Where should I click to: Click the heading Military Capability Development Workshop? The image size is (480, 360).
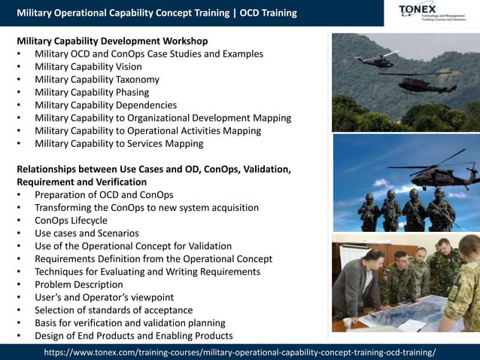pos(112,41)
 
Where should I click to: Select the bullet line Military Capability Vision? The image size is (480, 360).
pos(97,67)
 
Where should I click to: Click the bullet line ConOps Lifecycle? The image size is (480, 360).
pos(71,221)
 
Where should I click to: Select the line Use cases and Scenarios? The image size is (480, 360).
pos(87,233)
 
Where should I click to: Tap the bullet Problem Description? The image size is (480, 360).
pos(78,285)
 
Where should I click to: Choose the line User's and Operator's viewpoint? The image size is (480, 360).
pos(104,297)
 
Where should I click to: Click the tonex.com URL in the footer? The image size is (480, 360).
pos(239,352)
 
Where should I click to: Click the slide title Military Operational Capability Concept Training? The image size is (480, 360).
pos(124,13)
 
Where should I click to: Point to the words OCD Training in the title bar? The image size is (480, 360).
pos(268,13)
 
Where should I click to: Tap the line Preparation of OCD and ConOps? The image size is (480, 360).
pos(104,195)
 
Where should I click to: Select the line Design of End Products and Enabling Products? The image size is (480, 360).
pos(133,336)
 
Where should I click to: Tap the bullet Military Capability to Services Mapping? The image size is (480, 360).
pos(119,144)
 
